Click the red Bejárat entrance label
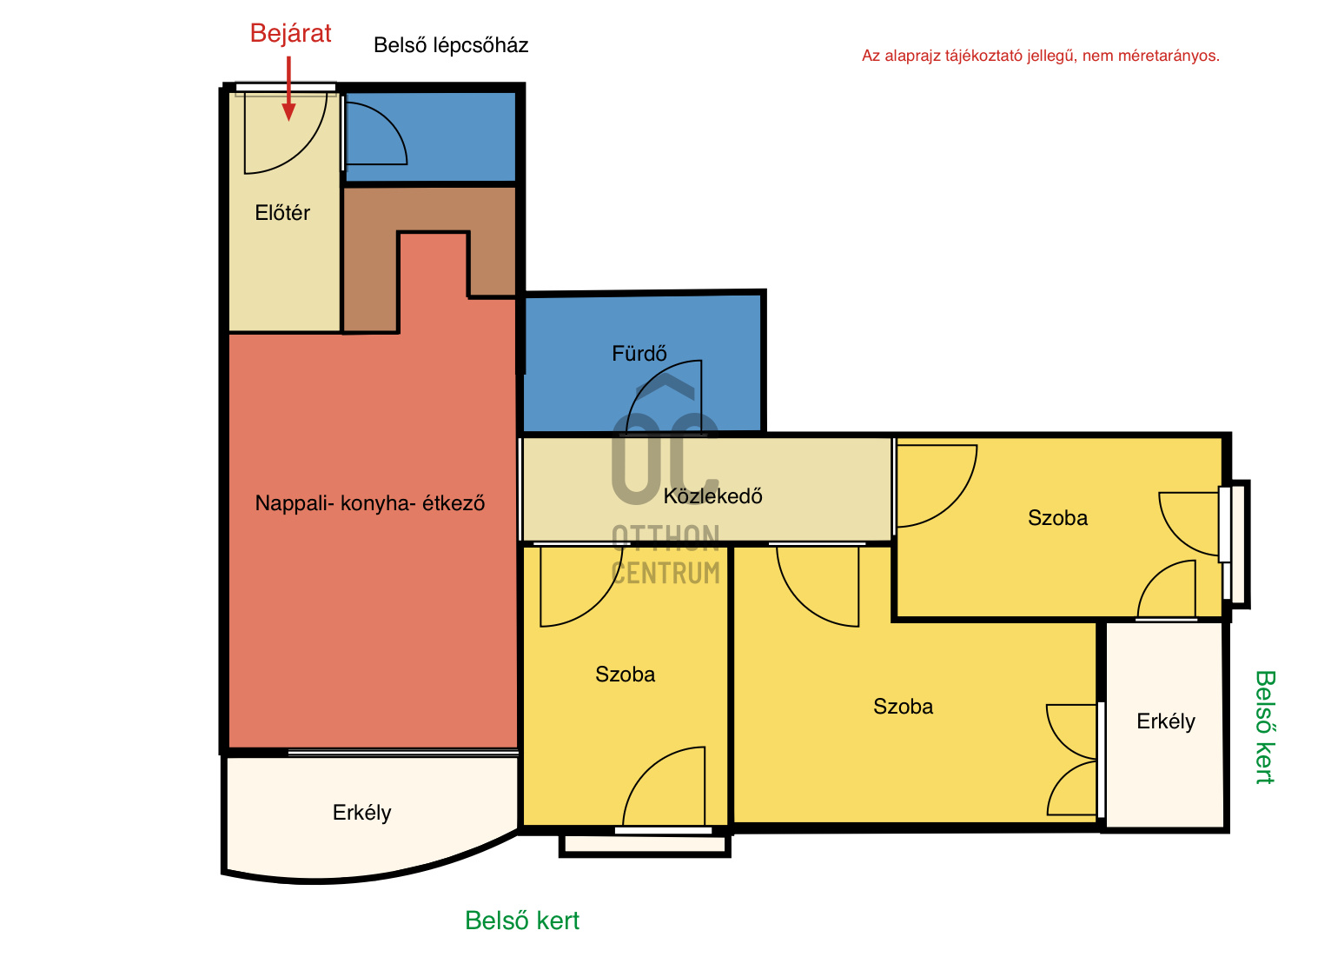click(x=290, y=33)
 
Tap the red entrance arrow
click(x=288, y=90)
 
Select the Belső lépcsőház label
click(x=451, y=45)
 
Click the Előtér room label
click(x=282, y=212)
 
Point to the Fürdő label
click(x=639, y=354)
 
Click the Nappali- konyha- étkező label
click(x=369, y=503)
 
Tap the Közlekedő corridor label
click(x=712, y=495)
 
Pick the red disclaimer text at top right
click(x=1041, y=56)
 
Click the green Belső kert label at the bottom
click(x=521, y=920)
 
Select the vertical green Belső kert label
click(x=1266, y=727)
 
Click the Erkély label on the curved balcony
click(x=362, y=813)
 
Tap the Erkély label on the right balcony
click(x=1166, y=721)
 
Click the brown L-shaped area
click(x=369, y=262)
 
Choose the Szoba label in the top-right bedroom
click(x=1057, y=518)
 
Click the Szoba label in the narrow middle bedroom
click(x=625, y=675)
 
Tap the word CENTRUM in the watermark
click(x=665, y=573)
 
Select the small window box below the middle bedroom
click(x=645, y=845)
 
